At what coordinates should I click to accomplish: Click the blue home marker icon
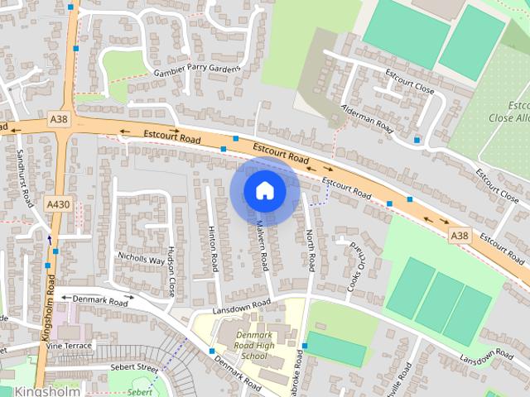point(264,191)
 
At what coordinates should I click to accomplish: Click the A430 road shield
point(58,203)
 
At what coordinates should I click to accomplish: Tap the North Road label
point(311,251)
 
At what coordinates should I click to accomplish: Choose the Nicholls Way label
point(141,259)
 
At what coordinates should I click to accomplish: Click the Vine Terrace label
point(70,345)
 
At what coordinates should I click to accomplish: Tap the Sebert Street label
point(136,366)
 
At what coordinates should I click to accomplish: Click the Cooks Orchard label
point(354,266)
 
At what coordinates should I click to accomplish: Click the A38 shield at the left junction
point(59,120)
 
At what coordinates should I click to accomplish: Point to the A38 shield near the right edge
point(460,237)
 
